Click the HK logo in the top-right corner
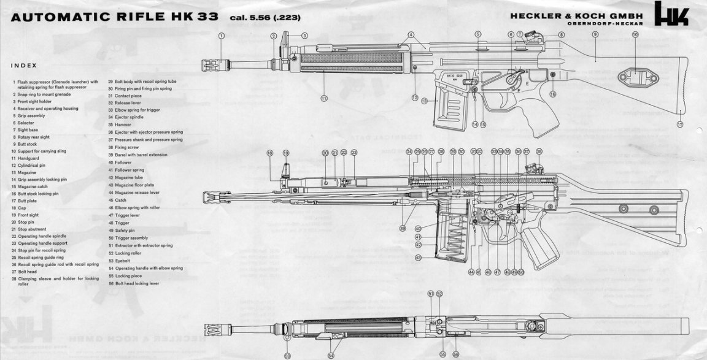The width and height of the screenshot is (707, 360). pos(671,13)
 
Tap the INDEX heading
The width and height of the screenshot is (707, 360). pos(24,65)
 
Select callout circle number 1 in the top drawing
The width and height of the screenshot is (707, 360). pos(221,36)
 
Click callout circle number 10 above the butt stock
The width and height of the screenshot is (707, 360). pos(635,35)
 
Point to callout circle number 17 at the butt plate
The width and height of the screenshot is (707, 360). pos(680,124)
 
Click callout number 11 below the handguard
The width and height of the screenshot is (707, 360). pos(323,98)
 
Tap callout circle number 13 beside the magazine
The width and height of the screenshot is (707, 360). pos(424,100)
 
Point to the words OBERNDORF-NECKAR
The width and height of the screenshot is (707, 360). pos(605,23)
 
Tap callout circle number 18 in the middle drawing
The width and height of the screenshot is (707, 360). pos(269,153)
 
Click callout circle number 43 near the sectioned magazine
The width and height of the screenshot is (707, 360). pos(418,258)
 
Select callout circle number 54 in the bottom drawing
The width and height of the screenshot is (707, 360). pos(331,355)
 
